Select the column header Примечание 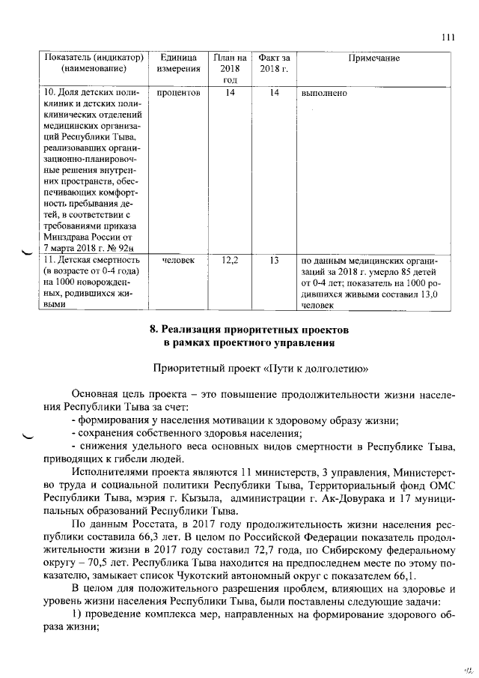pos(374,58)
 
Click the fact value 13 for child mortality pos(273,261)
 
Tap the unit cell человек pos(178,261)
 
